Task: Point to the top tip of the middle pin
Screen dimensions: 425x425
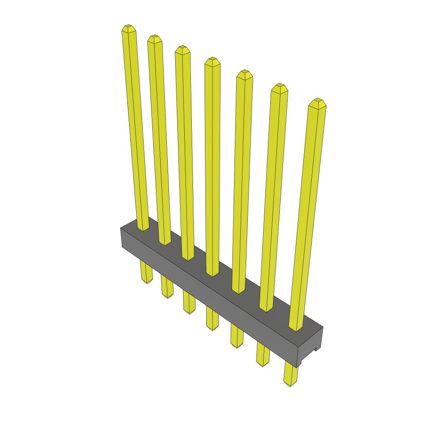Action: [x=212, y=61]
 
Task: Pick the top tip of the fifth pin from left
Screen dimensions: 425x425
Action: [x=244, y=73]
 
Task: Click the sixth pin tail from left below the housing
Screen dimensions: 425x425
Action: [x=262, y=355]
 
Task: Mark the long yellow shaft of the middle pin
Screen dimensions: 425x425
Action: [x=212, y=166]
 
